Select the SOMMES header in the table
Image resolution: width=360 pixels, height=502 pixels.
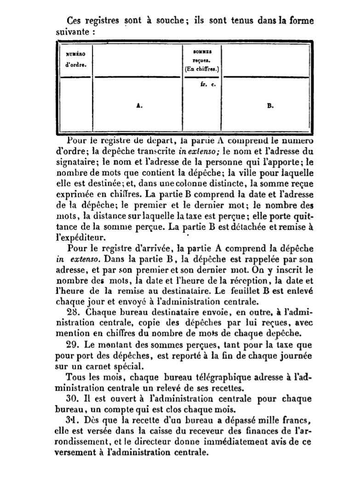203,52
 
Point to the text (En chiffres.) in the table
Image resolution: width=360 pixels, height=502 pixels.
202,70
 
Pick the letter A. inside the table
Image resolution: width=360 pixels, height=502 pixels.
139,105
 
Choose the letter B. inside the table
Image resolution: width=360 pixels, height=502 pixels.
270,105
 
